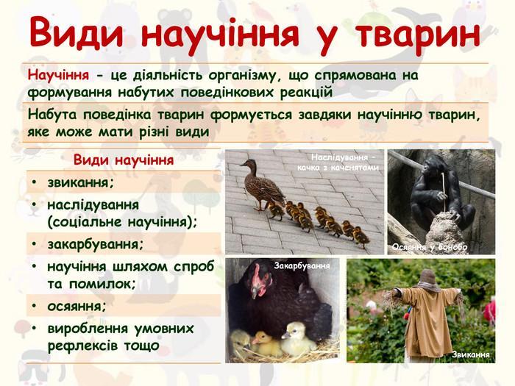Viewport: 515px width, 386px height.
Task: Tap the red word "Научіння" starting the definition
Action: coord(58,75)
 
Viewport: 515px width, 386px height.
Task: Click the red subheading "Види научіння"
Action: coord(124,160)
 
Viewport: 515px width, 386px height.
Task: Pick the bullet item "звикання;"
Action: coord(80,182)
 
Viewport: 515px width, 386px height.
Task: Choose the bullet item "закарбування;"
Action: coord(96,245)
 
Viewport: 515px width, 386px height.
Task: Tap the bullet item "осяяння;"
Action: coord(77,307)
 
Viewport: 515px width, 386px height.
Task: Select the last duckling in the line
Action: coord(360,237)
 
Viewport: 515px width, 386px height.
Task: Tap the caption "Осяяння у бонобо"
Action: coord(429,247)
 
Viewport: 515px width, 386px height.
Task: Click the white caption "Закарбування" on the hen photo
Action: coord(302,265)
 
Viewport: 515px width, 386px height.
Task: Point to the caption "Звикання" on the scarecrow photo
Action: coord(471,354)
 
